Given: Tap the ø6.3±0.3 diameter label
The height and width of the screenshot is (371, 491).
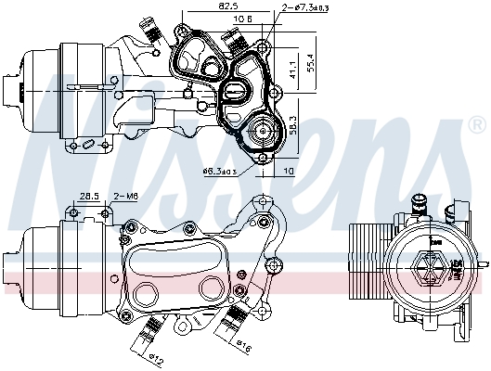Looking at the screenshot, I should [x=220, y=172].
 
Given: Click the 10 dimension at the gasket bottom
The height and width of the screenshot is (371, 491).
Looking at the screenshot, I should [x=290, y=172].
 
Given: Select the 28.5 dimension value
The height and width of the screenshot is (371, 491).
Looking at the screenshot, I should [x=89, y=196].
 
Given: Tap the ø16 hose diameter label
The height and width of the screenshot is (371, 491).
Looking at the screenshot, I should [x=244, y=348].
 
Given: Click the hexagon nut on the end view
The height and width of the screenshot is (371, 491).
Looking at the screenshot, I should [x=431, y=268].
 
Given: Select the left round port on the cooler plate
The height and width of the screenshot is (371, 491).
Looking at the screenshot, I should [x=148, y=295].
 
